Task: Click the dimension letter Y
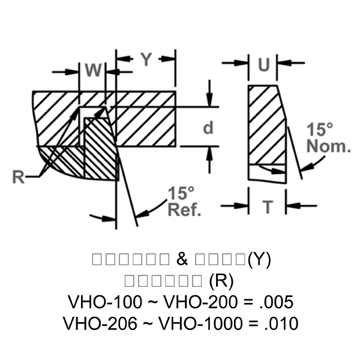click(146, 59)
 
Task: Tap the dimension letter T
click(268, 207)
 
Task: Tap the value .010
click(281, 324)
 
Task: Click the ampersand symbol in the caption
click(182, 260)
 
